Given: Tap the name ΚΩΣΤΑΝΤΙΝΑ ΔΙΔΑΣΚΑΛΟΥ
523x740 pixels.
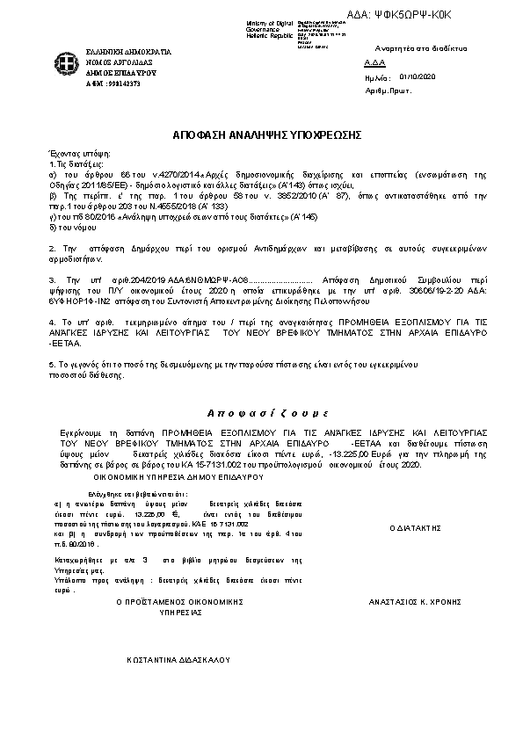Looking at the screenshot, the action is (x=178, y=657).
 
